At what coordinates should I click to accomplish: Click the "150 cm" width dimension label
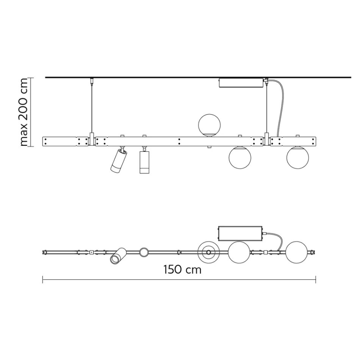click(182, 270)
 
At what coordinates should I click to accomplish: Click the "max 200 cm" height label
click(23, 112)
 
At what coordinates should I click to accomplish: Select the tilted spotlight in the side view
click(119, 161)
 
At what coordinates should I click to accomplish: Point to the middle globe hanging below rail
click(241, 157)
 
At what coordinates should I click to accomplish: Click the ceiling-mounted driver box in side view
click(241, 83)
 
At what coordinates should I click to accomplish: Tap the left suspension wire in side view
click(91, 108)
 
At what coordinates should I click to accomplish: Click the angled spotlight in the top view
click(118, 256)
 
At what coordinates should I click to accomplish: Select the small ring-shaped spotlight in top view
click(144, 252)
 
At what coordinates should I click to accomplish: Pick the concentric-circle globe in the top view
click(208, 252)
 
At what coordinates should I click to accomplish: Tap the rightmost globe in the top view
click(297, 252)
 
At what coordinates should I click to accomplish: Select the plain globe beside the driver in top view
click(239, 252)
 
